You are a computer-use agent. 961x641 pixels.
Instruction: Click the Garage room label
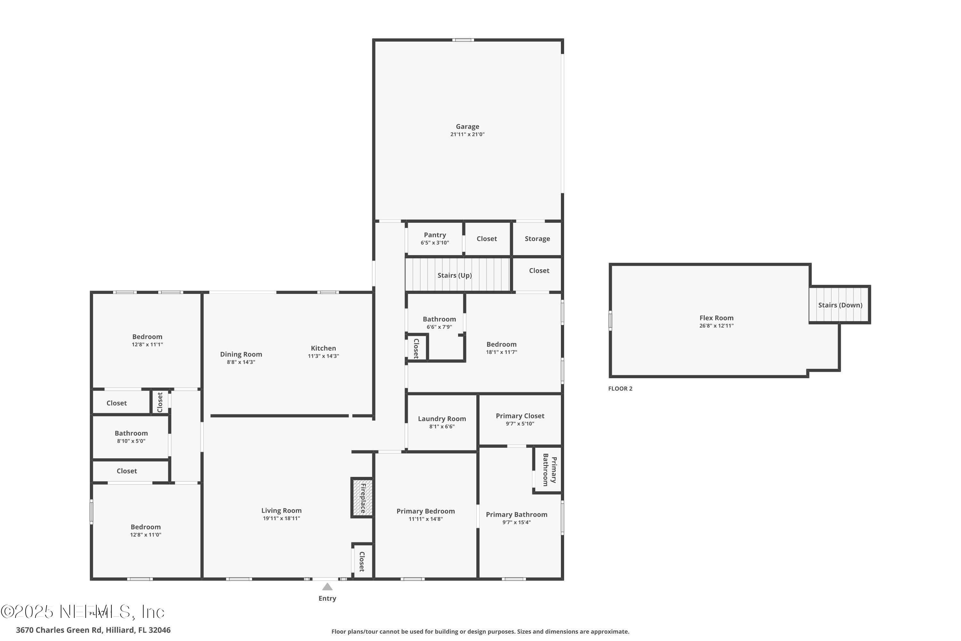[x=467, y=127]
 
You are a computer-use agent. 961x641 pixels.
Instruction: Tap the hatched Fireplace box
[x=362, y=498]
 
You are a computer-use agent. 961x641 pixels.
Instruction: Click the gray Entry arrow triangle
[x=327, y=587]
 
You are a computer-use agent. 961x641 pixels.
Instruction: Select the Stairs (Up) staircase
[x=458, y=275]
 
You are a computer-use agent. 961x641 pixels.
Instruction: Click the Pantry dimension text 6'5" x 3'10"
[x=435, y=243]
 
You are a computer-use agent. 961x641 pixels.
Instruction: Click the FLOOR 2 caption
[x=620, y=389]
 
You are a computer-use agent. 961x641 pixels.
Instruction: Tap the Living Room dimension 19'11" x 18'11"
[x=282, y=518]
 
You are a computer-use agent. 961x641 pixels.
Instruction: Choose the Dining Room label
[x=241, y=354]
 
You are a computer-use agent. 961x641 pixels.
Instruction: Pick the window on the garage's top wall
[x=463, y=40]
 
